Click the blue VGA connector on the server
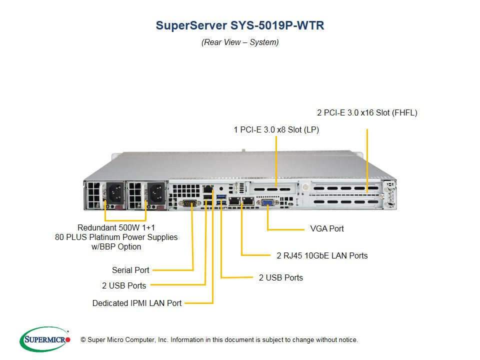coord(267,202)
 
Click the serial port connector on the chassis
coord(189,202)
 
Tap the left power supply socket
coord(115,193)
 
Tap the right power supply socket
coord(156,193)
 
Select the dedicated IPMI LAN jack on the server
coord(208,188)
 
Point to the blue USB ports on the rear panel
coord(221,199)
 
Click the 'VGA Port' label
coord(327,228)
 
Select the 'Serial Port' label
coord(130,270)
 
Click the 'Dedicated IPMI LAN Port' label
coord(137,303)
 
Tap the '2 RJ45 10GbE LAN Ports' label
coord(322,255)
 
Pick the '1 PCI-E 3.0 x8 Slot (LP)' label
coord(276,130)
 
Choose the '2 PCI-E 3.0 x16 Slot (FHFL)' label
coord(367,112)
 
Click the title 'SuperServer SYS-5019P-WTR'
coord(240,25)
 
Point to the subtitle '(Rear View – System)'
coord(240,42)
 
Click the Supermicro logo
coord(45,339)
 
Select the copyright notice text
coord(219,340)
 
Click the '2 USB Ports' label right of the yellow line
coord(280,277)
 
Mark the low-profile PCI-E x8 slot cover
coord(273,188)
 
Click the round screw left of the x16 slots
coord(305,186)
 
